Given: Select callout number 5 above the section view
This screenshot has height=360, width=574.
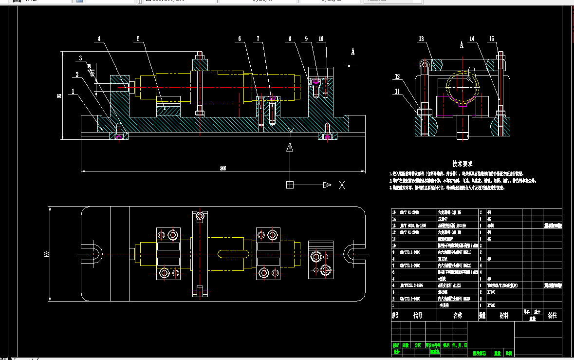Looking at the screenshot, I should (x=138, y=38).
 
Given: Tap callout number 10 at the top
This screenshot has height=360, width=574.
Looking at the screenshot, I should (x=321, y=38).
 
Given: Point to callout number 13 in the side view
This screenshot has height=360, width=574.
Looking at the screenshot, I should (x=422, y=38).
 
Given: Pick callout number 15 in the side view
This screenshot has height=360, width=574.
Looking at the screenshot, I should (x=492, y=38).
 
